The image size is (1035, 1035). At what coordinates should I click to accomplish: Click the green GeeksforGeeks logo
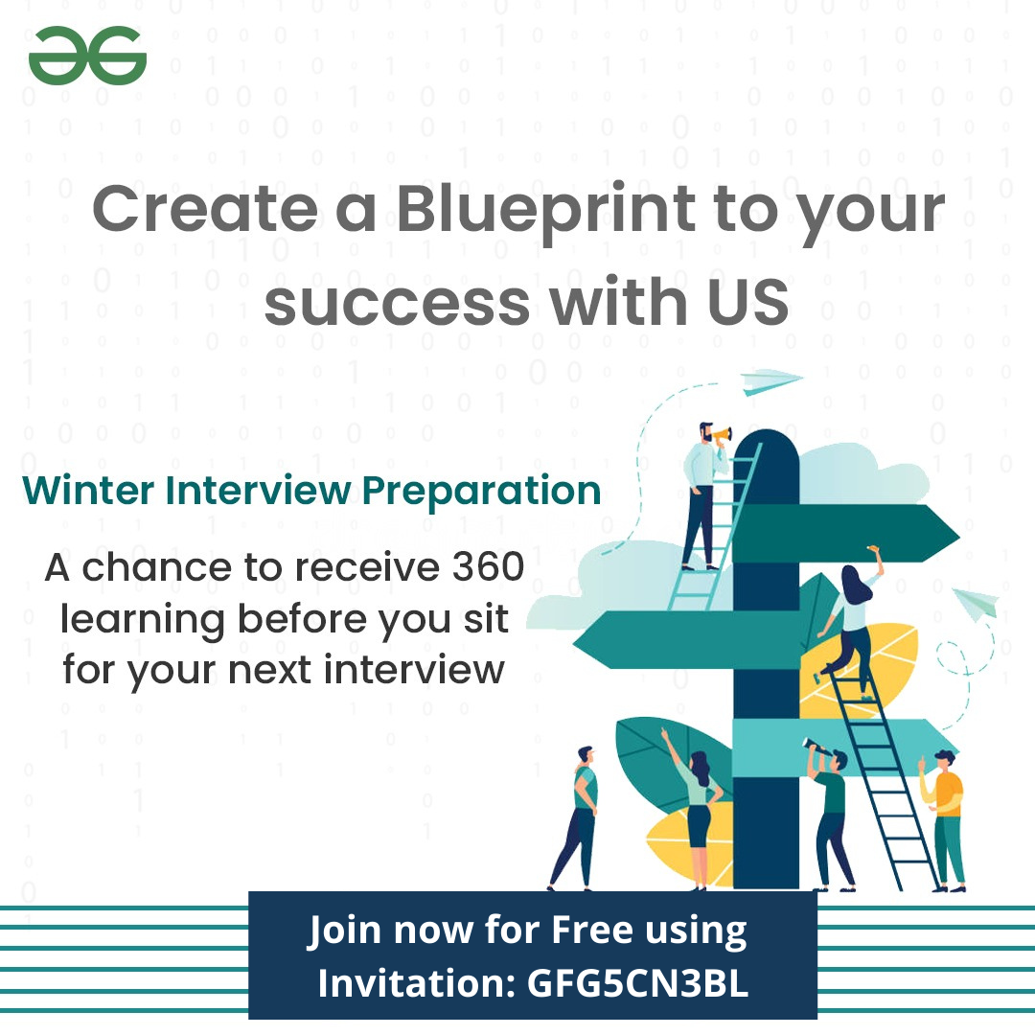87,56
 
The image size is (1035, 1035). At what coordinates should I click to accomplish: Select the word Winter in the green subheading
88,491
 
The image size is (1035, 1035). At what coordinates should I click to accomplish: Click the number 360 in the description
489,566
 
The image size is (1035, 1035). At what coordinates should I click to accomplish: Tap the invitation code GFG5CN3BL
637,983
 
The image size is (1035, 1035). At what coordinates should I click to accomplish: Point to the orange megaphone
723,436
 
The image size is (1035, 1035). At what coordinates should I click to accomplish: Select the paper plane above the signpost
770,381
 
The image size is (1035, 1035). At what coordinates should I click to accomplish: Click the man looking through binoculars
830,816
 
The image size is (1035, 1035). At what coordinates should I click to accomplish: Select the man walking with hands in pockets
576,818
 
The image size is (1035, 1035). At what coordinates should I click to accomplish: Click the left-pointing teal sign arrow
686,640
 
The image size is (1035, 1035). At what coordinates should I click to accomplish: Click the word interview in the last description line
414,670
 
